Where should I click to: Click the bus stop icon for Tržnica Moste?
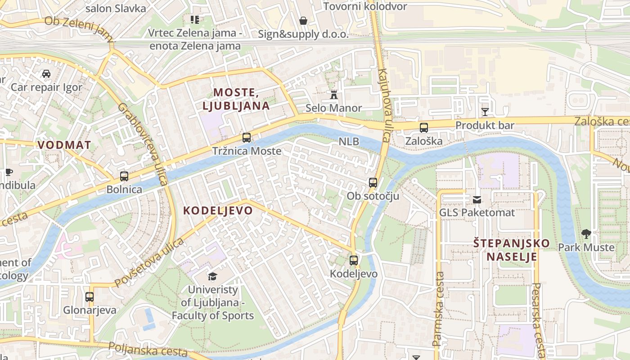click(x=247, y=138)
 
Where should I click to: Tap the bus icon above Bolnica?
click(x=124, y=176)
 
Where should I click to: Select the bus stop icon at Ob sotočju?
click(x=373, y=182)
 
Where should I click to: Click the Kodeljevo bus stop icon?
click(x=354, y=260)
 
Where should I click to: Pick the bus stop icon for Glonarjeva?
click(x=90, y=297)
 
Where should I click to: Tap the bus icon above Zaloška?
click(x=424, y=128)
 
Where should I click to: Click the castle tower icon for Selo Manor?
click(x=334, y=94)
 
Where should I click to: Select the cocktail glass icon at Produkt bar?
click(x=485, y=112)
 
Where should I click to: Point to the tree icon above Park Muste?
click(x=586, y=234)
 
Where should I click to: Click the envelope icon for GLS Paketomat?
click(x=477, y=199)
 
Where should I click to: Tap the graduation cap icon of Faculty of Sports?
click(x=212, y=276)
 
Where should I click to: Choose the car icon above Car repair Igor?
click(x=46, y=73)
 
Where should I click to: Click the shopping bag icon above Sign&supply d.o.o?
click(x=303, y=21)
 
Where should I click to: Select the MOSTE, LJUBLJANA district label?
click(x=236, y=99)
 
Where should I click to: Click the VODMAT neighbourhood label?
click(x=64, y=145)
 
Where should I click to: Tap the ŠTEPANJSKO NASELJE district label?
click(x=511, y=250)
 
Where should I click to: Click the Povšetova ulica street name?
click(x=149, y=263)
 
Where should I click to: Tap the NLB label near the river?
click(x=349, y=141)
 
